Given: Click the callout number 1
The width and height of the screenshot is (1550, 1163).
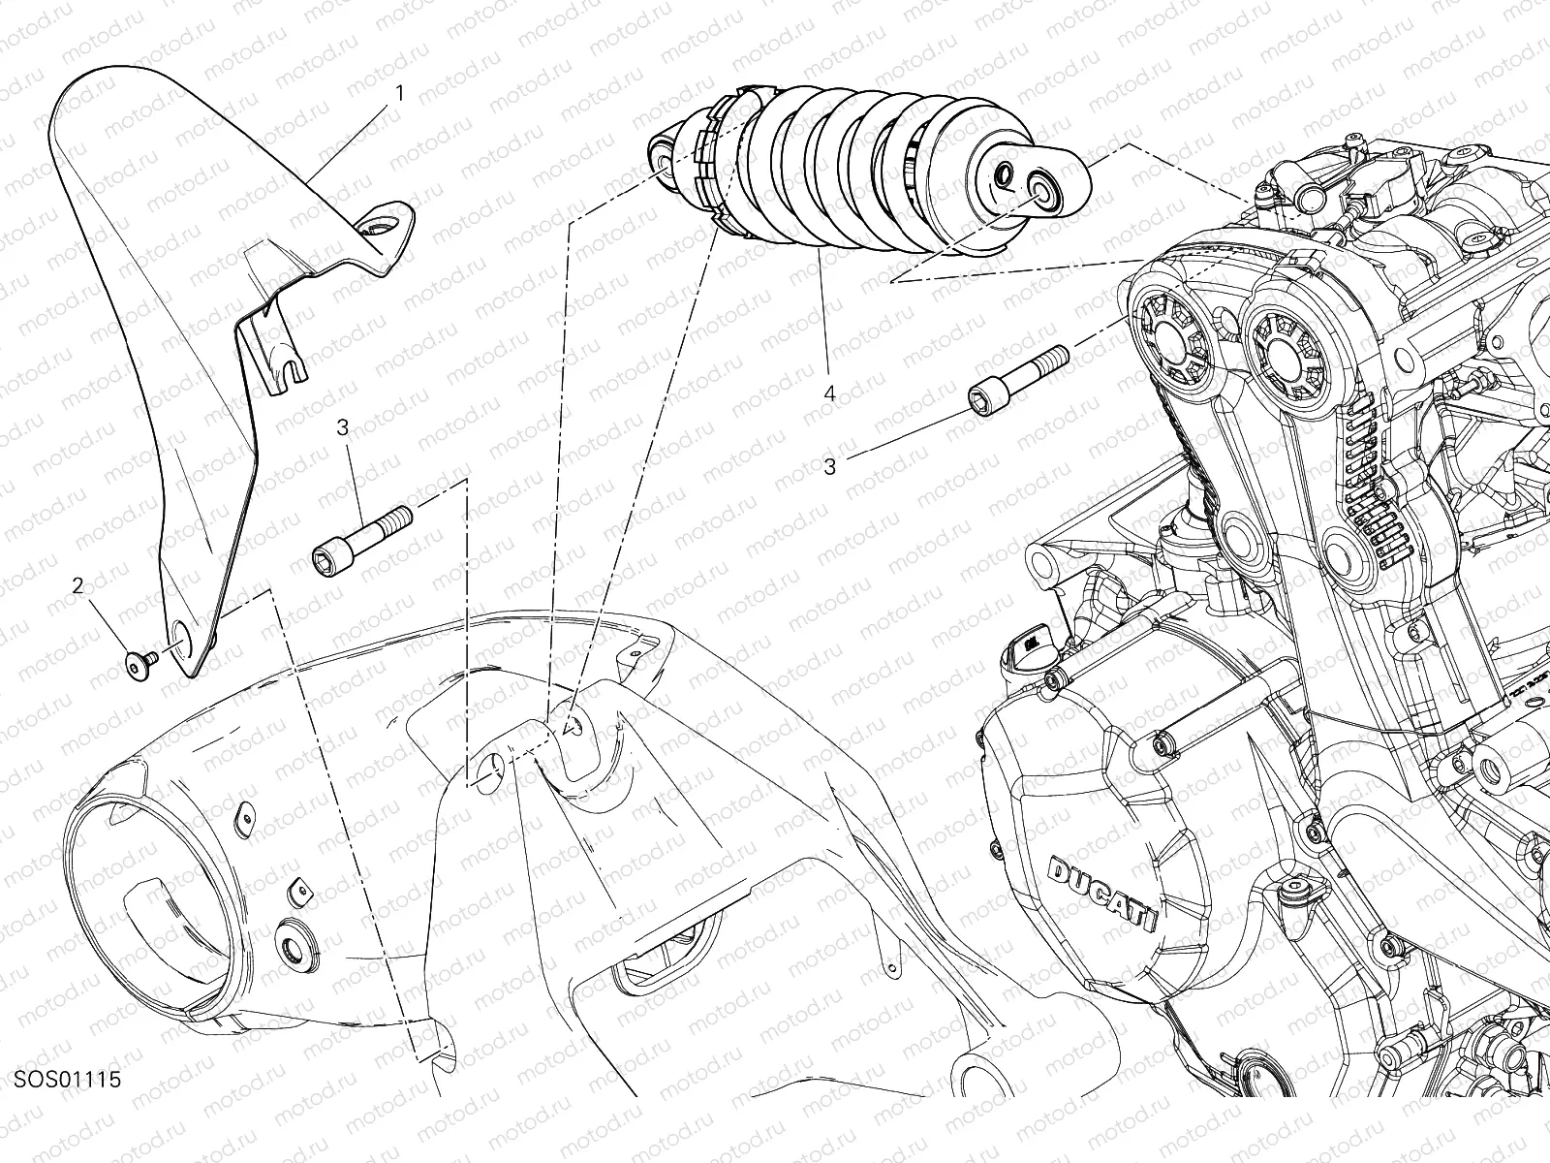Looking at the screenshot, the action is [400, 93].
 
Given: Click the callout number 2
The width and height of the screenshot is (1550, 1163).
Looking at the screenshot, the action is [78, 584].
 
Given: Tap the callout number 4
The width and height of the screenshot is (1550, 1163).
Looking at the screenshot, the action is [829, 394].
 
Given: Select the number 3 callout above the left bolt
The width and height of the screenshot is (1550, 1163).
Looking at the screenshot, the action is [343, 427].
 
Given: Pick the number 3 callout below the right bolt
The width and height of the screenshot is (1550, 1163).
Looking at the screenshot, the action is [830, 467].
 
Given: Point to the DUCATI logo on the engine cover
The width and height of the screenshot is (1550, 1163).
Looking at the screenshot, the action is [1103, 892].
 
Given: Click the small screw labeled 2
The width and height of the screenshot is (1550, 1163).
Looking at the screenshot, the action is [139, 665].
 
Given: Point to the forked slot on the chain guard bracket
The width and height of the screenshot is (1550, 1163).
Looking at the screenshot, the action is [291, 367].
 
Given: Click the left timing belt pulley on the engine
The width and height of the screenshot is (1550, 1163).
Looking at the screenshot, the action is [1173, 340].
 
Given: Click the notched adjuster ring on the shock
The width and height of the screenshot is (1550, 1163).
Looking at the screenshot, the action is [721, 161].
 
